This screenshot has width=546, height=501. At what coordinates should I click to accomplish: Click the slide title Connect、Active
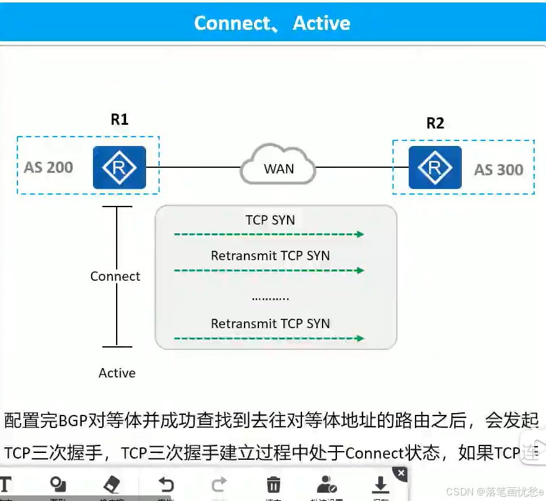tap(272, 23)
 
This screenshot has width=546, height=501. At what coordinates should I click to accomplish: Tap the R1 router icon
tap(119, 167)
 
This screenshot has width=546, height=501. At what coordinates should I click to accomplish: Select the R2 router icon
tap(435, 167)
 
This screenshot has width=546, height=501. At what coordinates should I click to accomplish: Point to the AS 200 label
tap(49, 167)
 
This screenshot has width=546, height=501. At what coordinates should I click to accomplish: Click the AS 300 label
tap(499, 170)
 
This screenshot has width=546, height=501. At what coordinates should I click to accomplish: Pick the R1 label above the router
tap(119, 119)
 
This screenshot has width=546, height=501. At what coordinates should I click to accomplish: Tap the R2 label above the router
tap(435, 123)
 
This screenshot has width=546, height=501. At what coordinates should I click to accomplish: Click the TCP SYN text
tap(270, 220)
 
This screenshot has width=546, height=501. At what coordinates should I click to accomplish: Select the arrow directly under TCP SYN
tap(269, 235)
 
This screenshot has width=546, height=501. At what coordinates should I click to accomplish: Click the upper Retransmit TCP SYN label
tap(270, 256)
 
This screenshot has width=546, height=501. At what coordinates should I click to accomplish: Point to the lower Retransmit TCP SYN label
tap(270, 323)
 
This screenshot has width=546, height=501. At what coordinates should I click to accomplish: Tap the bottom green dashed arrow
tap(269, 339)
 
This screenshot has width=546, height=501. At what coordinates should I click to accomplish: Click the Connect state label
tap(115, 276)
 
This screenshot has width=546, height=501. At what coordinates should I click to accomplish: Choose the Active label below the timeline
tap(117, 373)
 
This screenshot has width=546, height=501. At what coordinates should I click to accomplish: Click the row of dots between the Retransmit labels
tap(270, 298)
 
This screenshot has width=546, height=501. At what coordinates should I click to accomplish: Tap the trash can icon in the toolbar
tap(273, 485)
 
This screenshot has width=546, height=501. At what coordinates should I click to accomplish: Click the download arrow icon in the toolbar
tap(380, 485)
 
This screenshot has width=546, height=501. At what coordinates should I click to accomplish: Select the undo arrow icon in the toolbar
tap(165, 485)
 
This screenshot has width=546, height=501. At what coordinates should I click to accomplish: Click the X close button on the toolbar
tap(401, 474)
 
